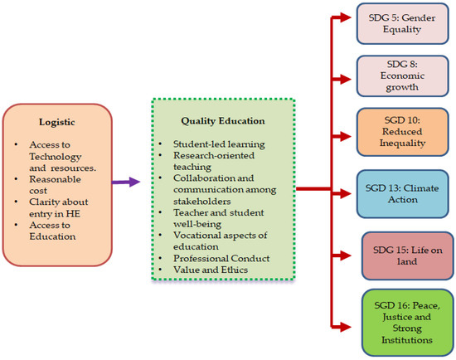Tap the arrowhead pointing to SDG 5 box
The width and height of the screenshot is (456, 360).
pyautogui.click(x=349, y=16)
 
